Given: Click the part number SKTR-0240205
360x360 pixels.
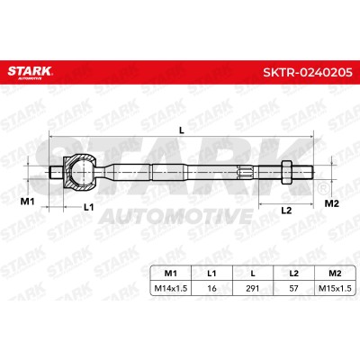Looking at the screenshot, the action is [x=308, y=72].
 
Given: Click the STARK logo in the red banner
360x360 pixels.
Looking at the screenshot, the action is [x=30, y=72].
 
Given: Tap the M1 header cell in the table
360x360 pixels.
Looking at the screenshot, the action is [x=170, y=274].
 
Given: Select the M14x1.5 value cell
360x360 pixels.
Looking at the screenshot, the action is [x=170, y=288].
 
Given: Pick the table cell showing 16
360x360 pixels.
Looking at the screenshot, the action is [x=211, y=288].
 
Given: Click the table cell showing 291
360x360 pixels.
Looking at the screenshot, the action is [x=253, y=288].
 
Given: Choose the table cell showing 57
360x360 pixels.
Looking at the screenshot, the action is [x=293, y=288].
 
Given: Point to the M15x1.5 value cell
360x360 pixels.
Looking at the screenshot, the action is [x=335, y=288].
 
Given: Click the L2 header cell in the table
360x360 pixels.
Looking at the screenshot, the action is [x=293, y=274].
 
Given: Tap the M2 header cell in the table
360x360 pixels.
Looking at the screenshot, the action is [x=335, y=274].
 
